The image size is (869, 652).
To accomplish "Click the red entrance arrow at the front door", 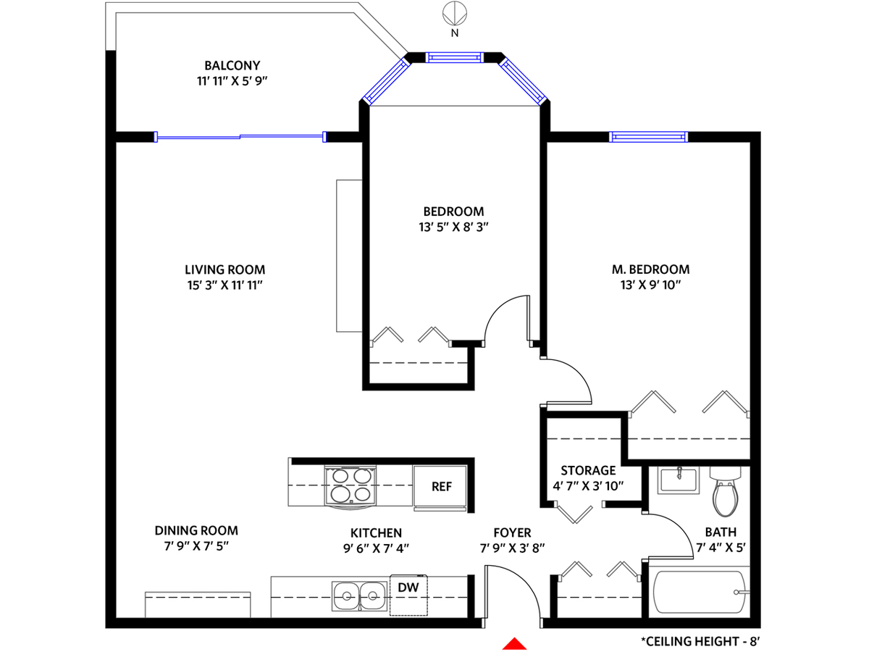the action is (514, 645).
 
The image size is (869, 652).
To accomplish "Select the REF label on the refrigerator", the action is (442, 487).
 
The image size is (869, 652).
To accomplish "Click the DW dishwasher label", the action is (408, 588).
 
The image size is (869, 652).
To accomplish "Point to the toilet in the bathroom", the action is (725, 491).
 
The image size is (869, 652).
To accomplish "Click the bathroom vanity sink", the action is (678, 480).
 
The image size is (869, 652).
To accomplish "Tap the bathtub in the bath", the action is (699, 592).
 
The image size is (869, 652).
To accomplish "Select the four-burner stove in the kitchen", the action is (350, 487).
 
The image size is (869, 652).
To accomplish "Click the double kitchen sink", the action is (359, 595).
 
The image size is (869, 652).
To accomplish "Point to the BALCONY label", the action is (232, 65).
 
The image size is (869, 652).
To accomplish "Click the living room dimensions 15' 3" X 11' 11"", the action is (224, 285).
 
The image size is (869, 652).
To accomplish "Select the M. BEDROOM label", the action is (650, 269).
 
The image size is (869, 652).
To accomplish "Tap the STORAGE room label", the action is (588, 470).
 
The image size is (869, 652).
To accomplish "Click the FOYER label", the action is (512, 533).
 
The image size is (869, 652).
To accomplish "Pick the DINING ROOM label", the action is (196, 530).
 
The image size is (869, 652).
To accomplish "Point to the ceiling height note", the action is (701, 641).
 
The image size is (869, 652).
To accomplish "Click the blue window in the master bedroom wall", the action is (648, 137).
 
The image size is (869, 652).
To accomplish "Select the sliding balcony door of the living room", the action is (240, 137).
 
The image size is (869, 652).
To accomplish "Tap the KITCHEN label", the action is (376, 533).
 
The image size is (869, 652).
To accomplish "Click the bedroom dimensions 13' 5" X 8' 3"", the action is (453, 227).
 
